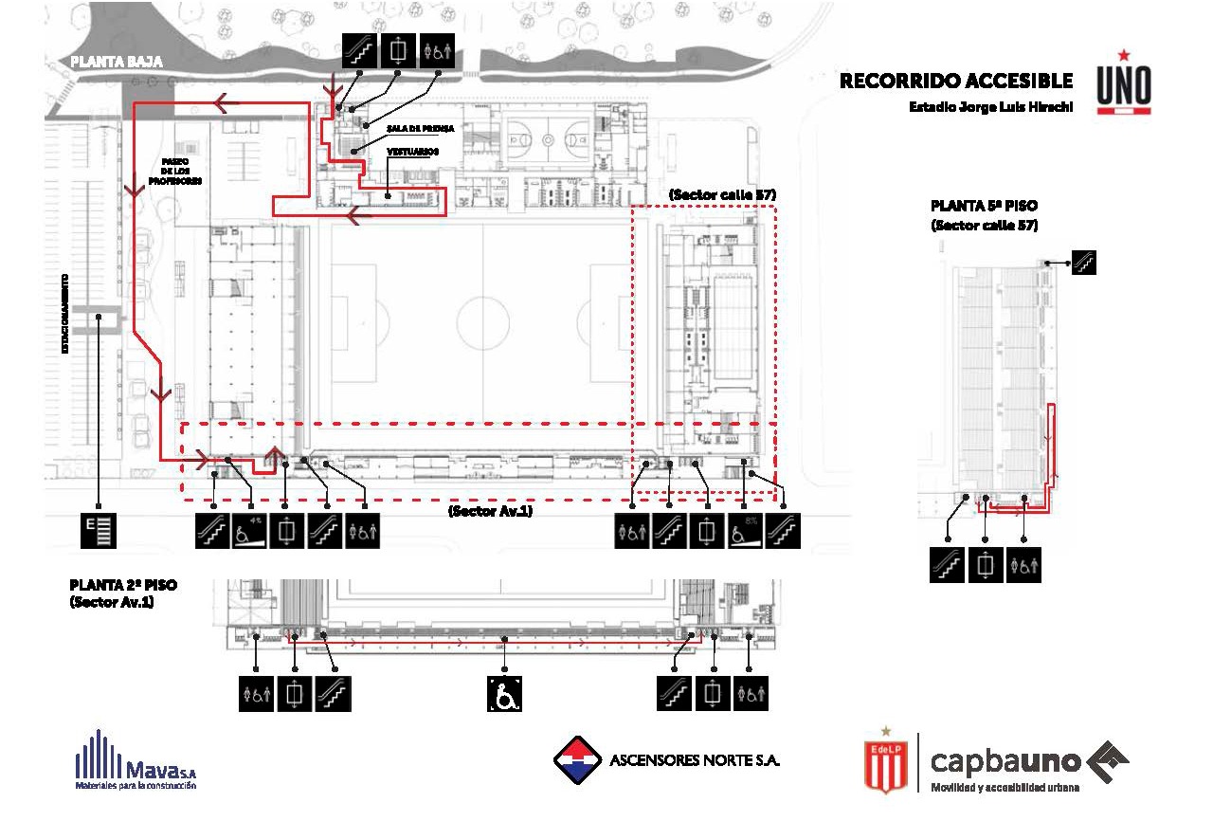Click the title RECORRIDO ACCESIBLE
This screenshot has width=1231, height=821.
[956, 82]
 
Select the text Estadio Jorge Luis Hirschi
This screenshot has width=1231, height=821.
[990, 107]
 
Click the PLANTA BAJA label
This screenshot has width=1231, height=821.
[117, 62]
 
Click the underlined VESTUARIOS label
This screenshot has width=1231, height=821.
[412, 152]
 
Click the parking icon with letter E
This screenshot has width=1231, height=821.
[99, 530]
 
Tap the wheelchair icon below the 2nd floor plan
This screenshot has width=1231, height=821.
[505, 694]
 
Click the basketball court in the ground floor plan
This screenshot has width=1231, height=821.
[547, 138]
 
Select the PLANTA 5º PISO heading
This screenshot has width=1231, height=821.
[984, 206]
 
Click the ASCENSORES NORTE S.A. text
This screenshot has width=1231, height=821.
[695, 760]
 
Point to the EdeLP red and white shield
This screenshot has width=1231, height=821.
[886, 763]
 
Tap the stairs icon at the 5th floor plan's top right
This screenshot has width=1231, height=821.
[1083, 261]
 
